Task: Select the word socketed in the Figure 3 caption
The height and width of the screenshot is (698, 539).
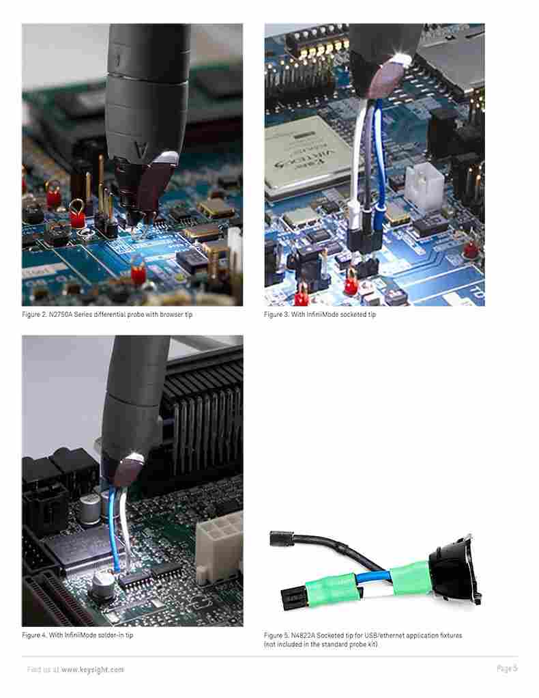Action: (352, 315)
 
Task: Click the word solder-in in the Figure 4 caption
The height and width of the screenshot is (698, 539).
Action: (111, 635)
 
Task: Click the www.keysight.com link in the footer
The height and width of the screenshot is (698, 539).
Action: (93, 669)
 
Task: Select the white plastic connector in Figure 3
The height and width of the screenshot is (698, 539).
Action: (424, 184)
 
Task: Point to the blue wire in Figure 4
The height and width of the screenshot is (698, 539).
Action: (114, 530)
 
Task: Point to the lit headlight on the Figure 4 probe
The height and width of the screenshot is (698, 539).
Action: (134, 458)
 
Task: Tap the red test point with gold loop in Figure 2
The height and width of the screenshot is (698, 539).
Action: (77, 214)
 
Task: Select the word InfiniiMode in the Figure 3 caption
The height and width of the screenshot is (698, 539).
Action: (322, 315)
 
